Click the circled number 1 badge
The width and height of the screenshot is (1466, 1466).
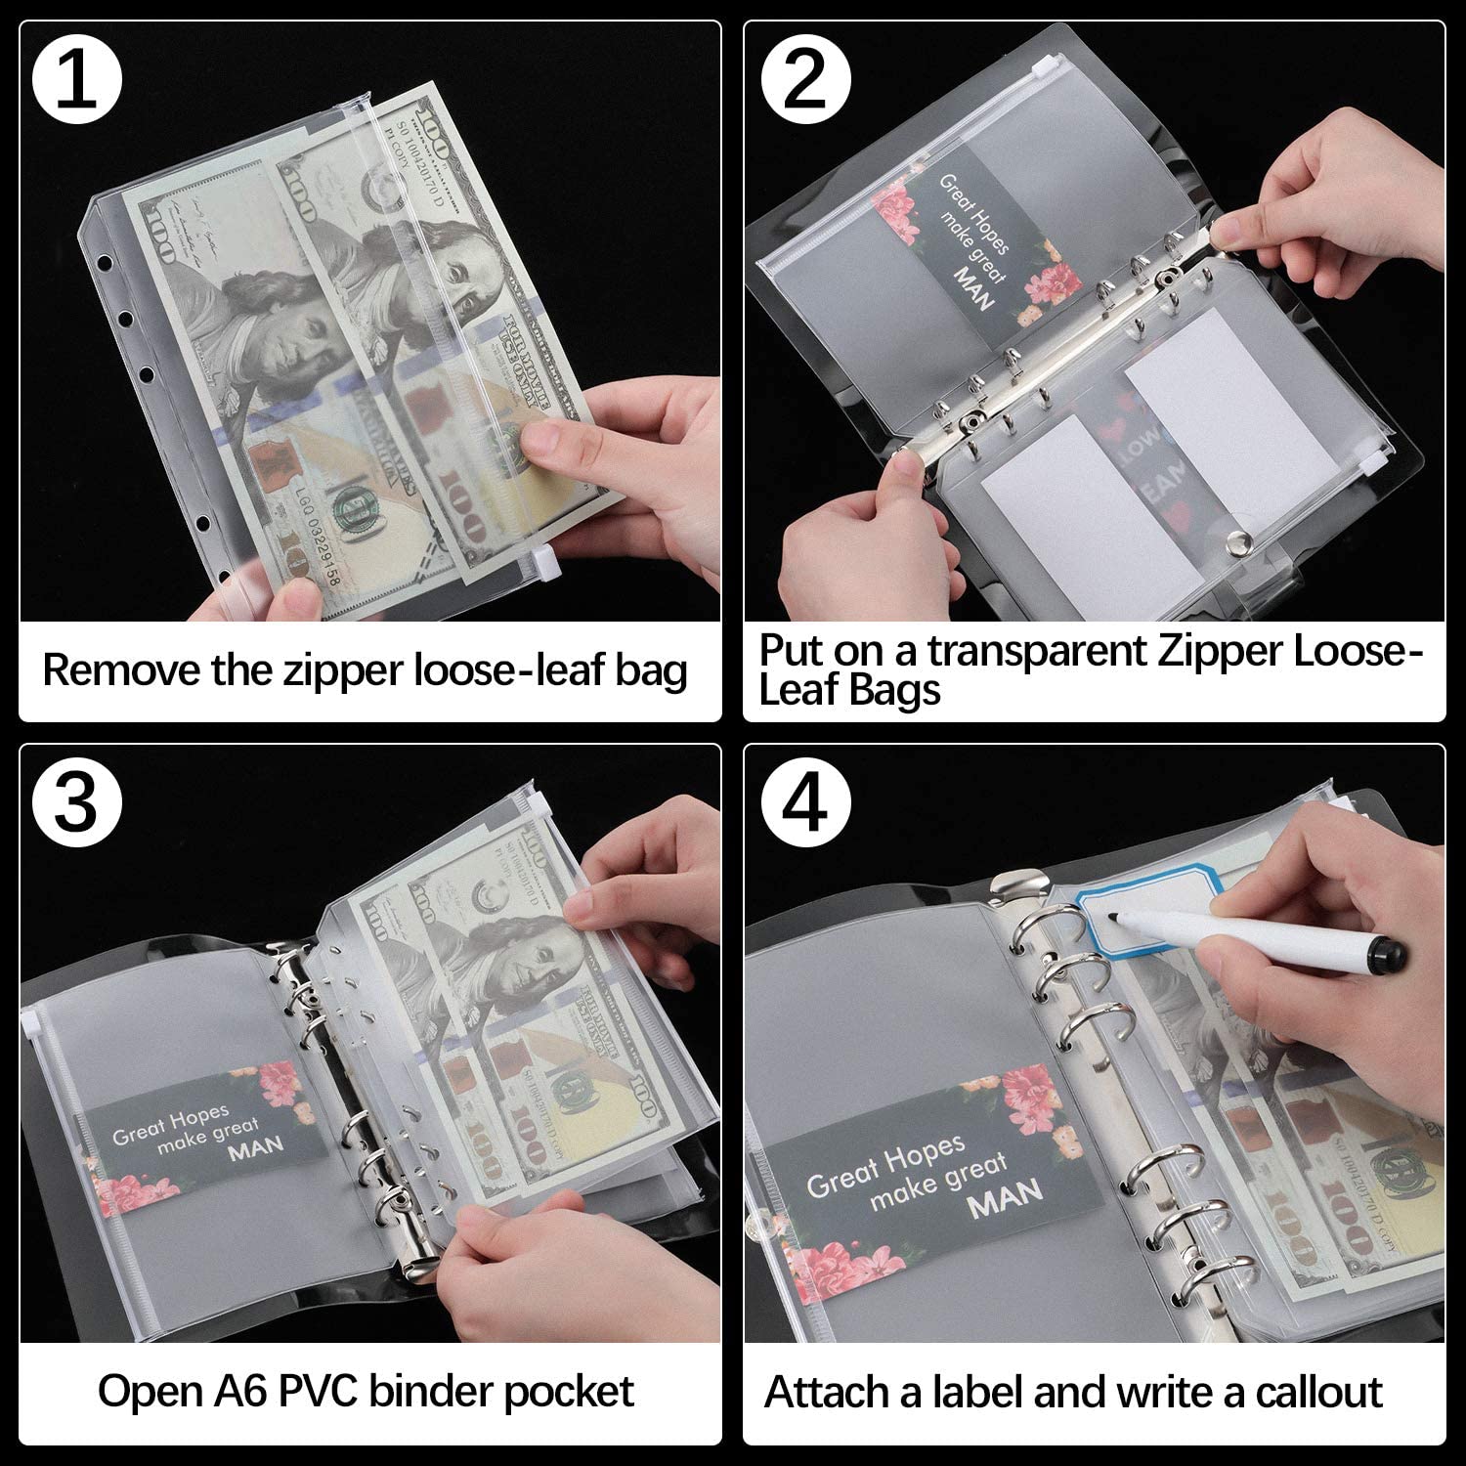coord(77,78)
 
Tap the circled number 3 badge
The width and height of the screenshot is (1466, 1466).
coord(77,803)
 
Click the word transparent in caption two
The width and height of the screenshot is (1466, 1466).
coord(1037,651)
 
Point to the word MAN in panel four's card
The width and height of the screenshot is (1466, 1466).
coord(1005,1199)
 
